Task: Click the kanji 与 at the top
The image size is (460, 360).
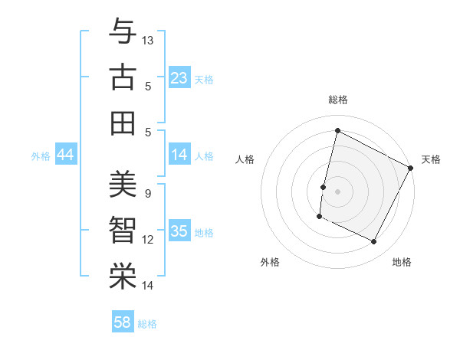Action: pos(122,33)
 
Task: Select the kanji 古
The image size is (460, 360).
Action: pos(122,78)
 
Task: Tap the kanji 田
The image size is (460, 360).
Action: pos(122,123)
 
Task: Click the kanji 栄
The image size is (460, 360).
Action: pos(122,277)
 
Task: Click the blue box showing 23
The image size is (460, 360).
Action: pos(179,78)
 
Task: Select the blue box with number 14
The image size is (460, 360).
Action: pos(179,155)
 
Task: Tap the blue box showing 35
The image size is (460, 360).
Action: pos(179,232)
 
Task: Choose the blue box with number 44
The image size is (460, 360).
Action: pos(65,155)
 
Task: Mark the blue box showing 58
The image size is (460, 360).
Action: pos(123,322)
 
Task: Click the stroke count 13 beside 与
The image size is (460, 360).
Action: pos(148,40)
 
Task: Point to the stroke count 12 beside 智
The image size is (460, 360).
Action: pos(148,240)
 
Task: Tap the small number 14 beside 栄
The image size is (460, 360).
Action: pos(148,286)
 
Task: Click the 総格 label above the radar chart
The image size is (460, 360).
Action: pos(338,100)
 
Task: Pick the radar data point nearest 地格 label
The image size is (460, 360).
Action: pos(374,242)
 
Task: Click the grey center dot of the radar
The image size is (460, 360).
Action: pos(338,191)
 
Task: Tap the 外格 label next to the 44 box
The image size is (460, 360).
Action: pos(41,156)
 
